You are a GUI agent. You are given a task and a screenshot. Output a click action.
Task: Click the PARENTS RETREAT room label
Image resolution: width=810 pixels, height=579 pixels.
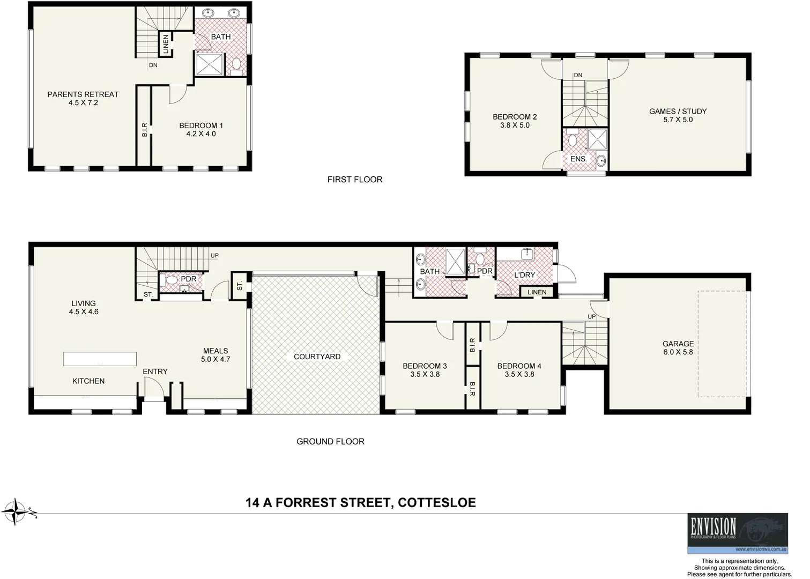83,94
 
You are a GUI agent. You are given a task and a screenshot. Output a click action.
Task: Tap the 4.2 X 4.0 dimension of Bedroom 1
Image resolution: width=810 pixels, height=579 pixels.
201,134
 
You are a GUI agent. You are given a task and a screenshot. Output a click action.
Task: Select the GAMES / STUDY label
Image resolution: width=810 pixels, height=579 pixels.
678,112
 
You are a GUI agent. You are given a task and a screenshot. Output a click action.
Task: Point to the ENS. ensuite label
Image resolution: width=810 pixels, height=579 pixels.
578,159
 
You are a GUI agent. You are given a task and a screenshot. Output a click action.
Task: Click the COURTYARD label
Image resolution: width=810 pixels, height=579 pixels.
317,357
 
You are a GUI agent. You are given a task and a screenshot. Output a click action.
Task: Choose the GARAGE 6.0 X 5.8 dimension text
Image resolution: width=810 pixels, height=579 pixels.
678,352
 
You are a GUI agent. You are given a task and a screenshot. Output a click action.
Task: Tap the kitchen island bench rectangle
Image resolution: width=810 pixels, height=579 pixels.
100,359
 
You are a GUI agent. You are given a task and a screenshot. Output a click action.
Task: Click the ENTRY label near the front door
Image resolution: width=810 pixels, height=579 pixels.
155,372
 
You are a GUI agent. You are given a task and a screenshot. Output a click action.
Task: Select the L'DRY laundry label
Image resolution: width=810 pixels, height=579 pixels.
524,275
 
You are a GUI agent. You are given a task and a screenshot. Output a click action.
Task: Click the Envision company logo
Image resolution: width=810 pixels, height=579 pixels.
738,533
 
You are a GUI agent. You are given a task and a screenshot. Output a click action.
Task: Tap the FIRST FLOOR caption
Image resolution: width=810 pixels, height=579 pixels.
355,180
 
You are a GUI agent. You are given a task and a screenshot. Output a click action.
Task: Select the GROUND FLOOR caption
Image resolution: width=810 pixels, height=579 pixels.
330,442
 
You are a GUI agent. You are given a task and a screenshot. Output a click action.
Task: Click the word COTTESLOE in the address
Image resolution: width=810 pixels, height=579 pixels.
437,503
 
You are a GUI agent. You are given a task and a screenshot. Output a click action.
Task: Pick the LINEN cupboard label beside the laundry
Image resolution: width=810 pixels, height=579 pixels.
537,292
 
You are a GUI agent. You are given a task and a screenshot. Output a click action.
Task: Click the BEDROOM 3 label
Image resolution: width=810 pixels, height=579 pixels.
425,366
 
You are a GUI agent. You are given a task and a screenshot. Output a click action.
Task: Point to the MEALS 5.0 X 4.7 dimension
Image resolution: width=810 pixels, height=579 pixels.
215,360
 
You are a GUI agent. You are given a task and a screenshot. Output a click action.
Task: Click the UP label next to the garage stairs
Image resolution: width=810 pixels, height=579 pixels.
591,316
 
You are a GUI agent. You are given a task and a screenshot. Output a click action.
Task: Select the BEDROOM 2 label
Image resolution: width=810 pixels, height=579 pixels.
515,117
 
